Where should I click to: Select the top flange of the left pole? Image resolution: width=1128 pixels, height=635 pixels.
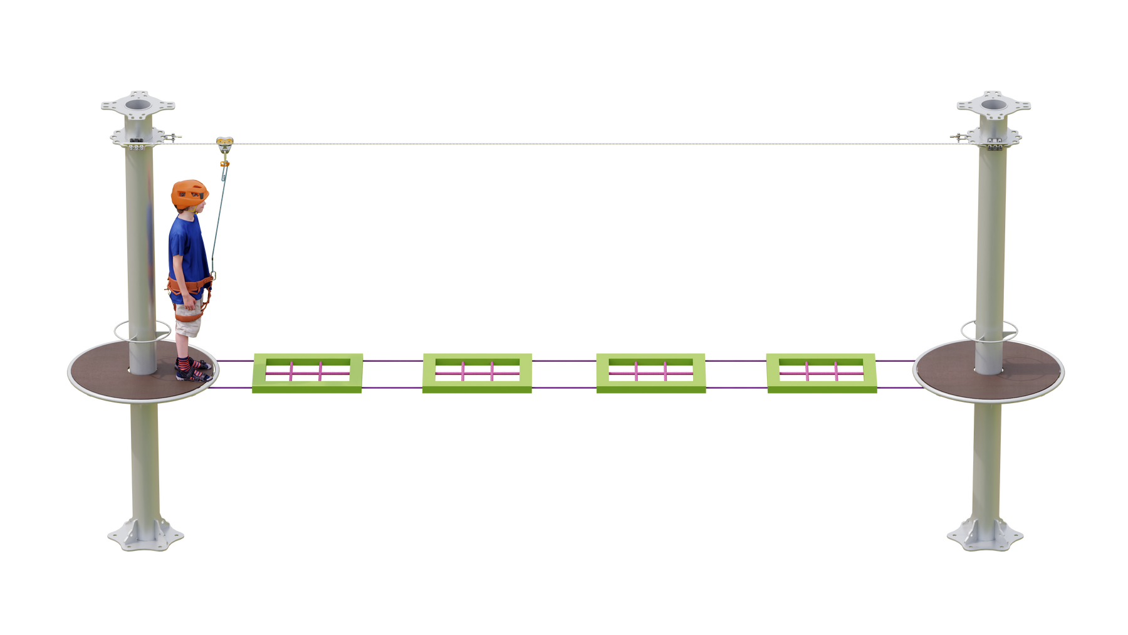click(138, 104)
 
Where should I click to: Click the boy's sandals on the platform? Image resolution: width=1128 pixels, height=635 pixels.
click(192, 370)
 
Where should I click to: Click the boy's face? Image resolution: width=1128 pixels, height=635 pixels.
click(202, 206)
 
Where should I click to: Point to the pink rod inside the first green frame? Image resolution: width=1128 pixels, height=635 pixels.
click(306, 372)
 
